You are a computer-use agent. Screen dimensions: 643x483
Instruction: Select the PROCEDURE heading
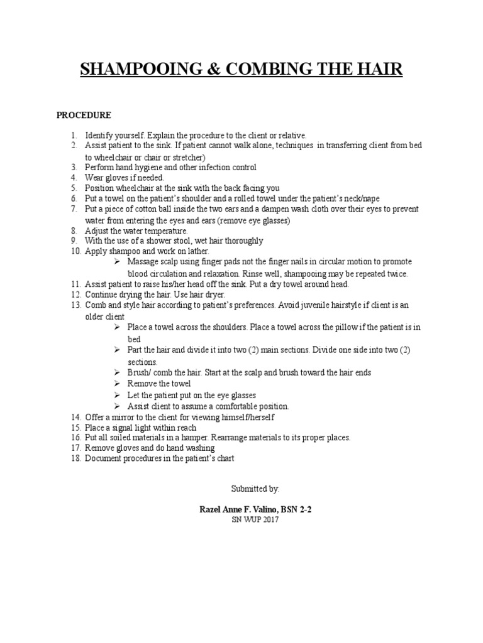coord(84,116)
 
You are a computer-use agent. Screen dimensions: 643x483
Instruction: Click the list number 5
coord(73,188)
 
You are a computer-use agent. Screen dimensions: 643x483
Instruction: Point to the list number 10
coord(75,252)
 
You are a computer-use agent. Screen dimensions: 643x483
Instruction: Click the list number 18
coord(75,459)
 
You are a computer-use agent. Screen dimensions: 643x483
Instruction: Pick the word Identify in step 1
coord(100,136)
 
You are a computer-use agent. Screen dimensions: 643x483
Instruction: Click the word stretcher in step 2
coord(187,157)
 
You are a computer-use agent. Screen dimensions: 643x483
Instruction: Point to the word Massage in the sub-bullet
coord(142,262)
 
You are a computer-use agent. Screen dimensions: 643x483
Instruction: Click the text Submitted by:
coord(255,488)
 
